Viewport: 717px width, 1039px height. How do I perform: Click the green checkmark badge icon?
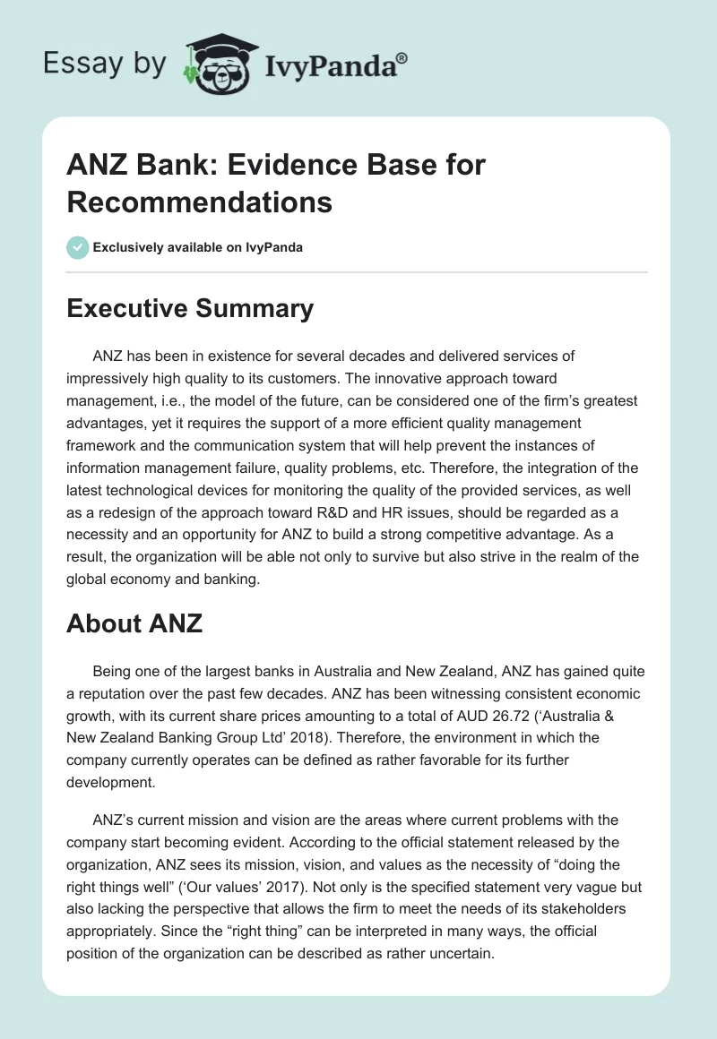[x=78, y=247]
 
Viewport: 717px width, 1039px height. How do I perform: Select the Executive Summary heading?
[x=190, y=309]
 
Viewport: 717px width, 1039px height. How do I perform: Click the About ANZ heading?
[x=134, y=623]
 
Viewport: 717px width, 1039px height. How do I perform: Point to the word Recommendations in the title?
[x=199, y=202]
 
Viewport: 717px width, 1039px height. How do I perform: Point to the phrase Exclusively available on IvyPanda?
[x=198, y=247]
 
